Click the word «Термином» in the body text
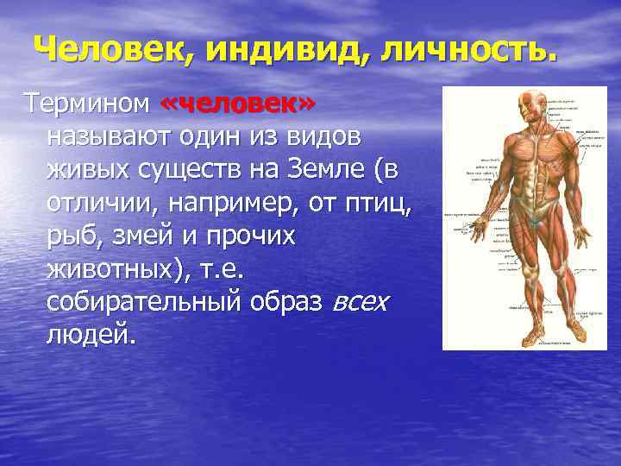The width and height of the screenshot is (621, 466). click(x=85, y=105)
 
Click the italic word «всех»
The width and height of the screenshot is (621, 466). click(x=360, y=302)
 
